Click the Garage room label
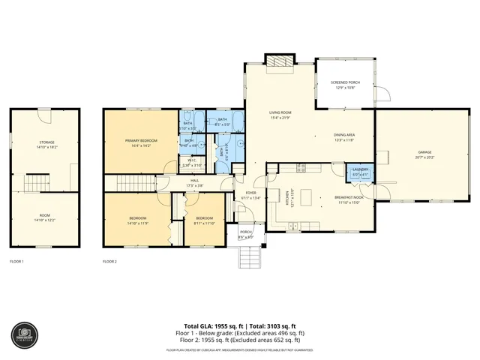pos(424,155)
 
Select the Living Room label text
pos(280,115)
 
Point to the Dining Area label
pos(344,136)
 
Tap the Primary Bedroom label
pos(141,142)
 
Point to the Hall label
pos(195,182)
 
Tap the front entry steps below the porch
pos(249,256)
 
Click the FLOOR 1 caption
pos(16,262)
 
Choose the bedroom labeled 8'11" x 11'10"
pos(204,221)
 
